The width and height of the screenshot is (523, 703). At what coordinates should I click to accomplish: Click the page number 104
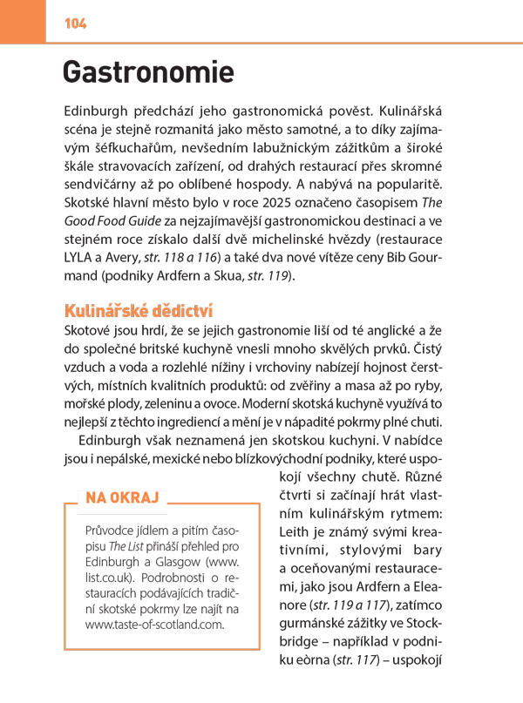tap(75, 24)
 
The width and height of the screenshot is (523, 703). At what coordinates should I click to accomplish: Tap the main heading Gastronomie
tap(148, 71)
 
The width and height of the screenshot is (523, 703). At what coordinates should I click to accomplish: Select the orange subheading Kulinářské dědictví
tap(139, 311)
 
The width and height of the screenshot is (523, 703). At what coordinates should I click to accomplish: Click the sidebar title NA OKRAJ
tap(122, 497)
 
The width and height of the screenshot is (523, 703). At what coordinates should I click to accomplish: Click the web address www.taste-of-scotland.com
tap(154, 624)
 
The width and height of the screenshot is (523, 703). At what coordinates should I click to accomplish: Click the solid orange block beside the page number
tap(23, 21)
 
